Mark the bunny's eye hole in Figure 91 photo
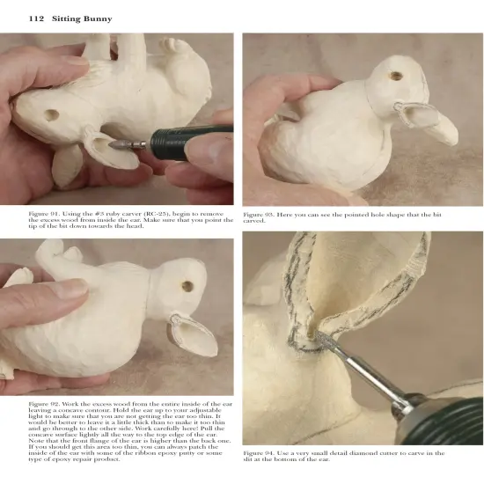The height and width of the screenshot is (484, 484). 50,115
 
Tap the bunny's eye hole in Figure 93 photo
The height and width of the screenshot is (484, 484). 395,76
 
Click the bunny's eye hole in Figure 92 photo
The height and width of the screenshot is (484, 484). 187,286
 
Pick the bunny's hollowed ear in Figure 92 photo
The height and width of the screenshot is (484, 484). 193,332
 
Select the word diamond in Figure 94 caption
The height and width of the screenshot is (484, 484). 369,453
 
